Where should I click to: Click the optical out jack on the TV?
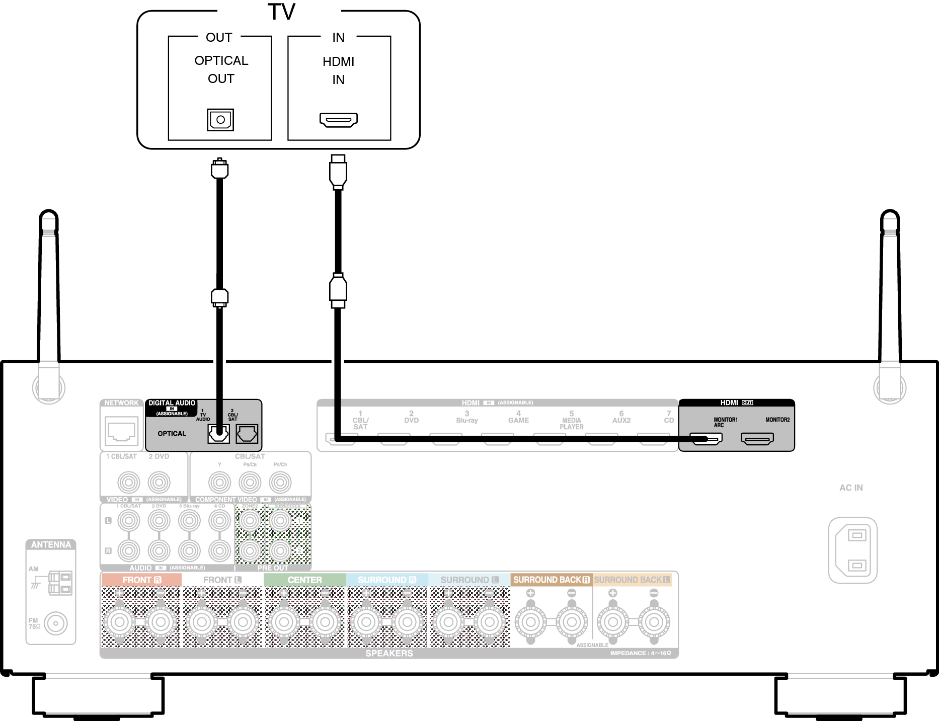pos(220,120)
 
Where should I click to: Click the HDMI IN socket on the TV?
pos(339,120)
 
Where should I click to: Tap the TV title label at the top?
pos(281,12)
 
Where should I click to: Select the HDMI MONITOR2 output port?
pos(757,439)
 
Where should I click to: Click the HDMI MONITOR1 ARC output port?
pos(706,439)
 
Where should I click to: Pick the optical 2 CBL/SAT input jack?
pos(247,433)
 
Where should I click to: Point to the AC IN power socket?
pos(853,550)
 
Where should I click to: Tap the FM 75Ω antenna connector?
pos(55,623)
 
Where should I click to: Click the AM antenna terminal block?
pos(60,583)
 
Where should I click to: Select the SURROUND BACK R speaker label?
pos(551,580)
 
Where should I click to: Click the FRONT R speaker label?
pos(141,580)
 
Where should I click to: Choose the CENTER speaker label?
pos(304,580)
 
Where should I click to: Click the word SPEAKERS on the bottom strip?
pos(389,653)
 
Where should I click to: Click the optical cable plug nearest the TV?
pos(219,169)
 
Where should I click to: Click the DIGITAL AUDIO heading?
pos(172,403)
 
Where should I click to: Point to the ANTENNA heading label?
pos(51,545)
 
